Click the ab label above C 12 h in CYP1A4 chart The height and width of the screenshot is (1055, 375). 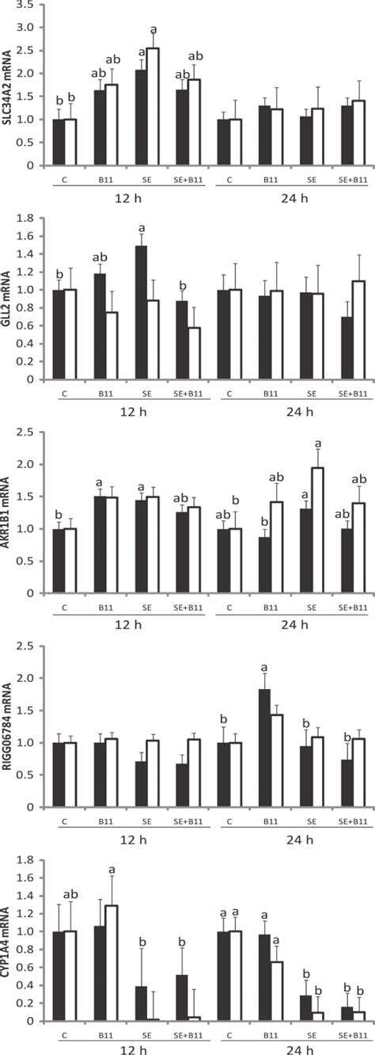tap(72, 885)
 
